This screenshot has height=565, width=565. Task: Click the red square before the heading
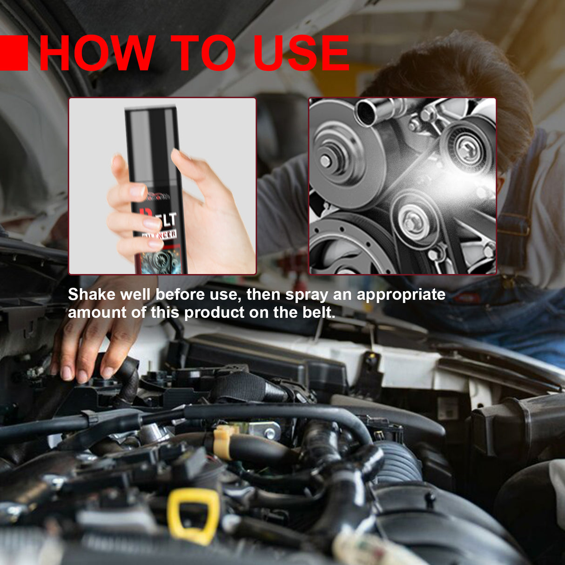(x=13, y=54)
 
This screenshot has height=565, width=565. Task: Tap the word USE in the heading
(x=301, y=54)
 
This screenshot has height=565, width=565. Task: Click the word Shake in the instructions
(x=91, y=295)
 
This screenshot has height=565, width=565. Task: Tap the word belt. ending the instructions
(x=319, y=312)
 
